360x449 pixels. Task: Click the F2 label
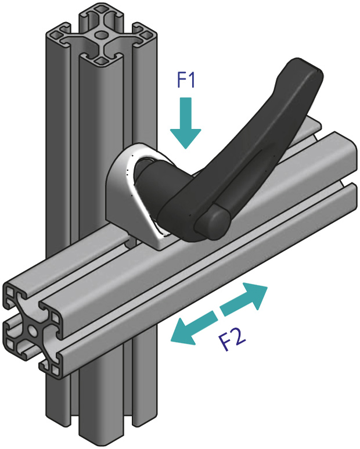(x=233, y=339)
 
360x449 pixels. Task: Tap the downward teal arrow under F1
(x=186, y=122)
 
